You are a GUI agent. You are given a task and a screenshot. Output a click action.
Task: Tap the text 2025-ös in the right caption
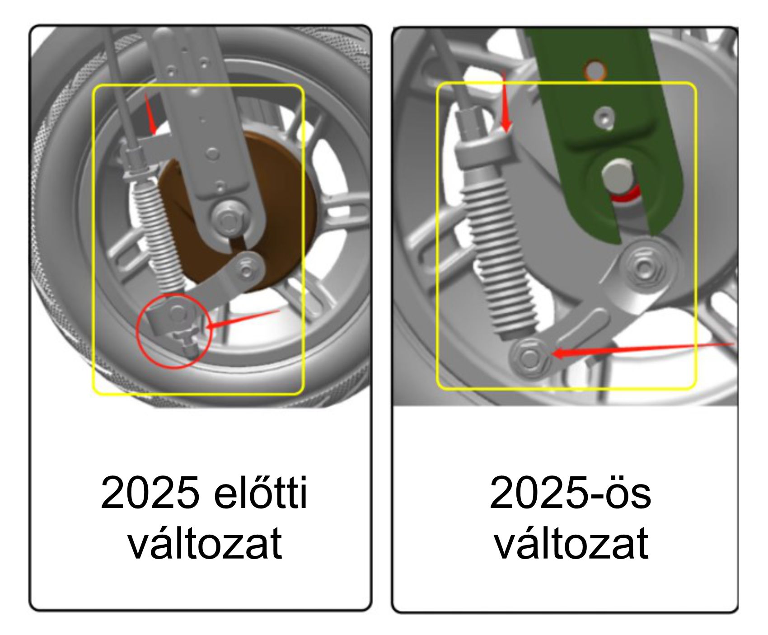(x=570, y=493)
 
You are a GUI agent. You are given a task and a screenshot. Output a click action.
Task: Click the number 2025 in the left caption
(x=150, y=493)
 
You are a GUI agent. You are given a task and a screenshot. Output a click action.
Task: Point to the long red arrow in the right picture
(x=644, y=349)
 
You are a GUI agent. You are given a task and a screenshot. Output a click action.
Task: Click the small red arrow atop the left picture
(x=150, y=114)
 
